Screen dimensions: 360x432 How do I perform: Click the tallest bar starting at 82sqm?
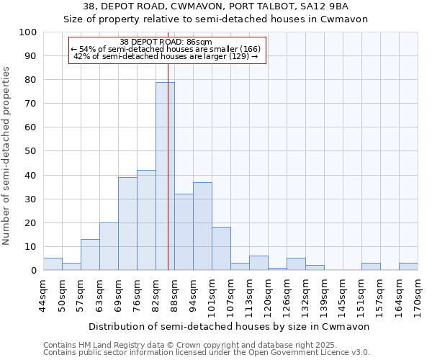click(165, 176)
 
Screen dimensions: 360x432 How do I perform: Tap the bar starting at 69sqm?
click(127, 224)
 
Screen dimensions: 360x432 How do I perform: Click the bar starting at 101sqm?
click(221, 249)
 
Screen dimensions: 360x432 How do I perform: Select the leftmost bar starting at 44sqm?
click(53, 264)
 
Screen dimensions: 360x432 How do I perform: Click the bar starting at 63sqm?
click(109, 247)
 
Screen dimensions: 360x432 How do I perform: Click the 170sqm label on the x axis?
click(418, 294)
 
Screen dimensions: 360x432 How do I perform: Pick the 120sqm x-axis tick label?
click(268, 294)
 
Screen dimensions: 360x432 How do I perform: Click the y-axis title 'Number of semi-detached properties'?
click(6, 155)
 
